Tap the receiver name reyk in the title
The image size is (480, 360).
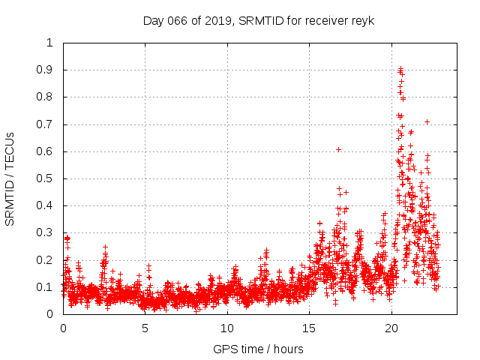point(361,20)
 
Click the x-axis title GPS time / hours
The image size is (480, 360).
point(258,349)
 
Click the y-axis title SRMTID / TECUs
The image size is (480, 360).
point(10,178)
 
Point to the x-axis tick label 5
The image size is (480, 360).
point(145,328)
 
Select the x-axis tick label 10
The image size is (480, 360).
point(227,328)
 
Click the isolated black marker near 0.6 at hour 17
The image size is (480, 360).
point(338,150)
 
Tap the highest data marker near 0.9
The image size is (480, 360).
point(400,68)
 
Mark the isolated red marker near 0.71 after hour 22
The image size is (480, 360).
point(427,121)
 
